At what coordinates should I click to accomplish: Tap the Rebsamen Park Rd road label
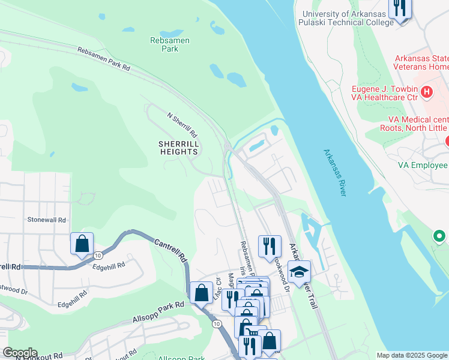point(103,59)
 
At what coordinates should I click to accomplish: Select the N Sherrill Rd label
point(182,124)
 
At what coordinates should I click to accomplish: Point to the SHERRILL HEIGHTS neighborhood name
point(178,148)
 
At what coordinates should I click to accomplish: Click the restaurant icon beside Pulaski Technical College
point(399,8)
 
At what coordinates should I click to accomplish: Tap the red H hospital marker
point(427,92)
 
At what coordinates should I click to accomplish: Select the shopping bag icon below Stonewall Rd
point(82,244)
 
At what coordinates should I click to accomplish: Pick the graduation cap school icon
point(299,272)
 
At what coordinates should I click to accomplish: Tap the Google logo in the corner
point(19,353)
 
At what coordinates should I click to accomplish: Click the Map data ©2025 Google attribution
point(412,355)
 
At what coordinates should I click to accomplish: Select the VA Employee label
point(423,165)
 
